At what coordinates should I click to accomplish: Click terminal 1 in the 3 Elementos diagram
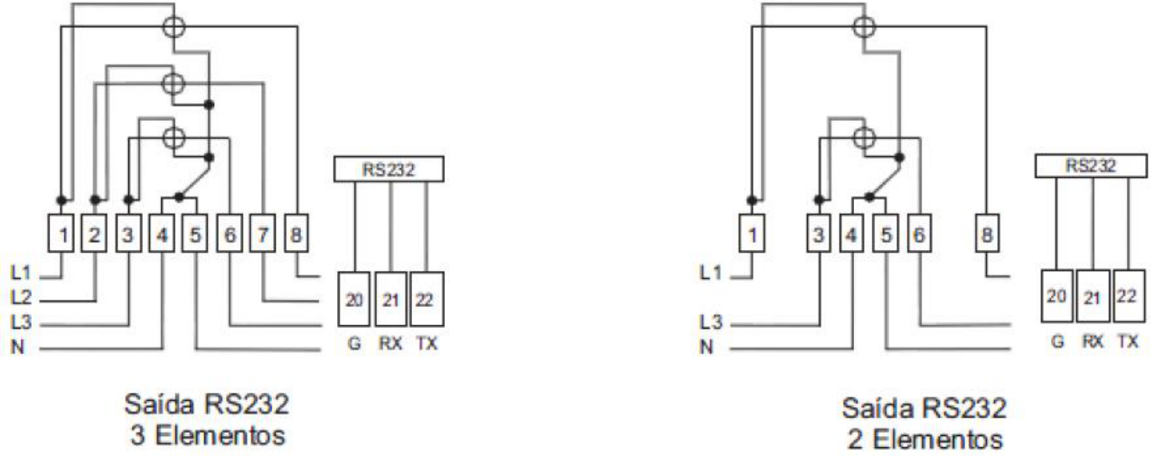coord(61,233)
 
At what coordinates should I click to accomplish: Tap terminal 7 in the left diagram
coord(263,233)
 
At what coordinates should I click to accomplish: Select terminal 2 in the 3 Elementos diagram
coord(94,233)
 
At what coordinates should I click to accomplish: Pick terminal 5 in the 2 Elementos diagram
coord(886,233)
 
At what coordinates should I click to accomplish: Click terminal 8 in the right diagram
coord(987,233)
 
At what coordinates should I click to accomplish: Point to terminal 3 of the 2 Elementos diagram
coord(819,233)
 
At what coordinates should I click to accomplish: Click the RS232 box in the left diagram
coord(389,169)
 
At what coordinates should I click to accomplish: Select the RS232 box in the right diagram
coord(1091,166)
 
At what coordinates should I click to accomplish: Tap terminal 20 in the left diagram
coord(354,299)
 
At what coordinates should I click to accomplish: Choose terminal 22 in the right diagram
coord(1129,295)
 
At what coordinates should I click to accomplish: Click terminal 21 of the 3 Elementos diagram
coord(390,299)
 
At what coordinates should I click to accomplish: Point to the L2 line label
coord(21,297)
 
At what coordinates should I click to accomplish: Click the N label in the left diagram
coord(17,347)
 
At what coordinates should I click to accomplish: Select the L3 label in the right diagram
coord(711,322)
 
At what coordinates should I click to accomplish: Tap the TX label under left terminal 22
coord(427,343)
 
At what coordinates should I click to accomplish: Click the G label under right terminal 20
coord(1057,340)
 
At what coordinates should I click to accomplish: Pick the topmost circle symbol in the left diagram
coord(174,26)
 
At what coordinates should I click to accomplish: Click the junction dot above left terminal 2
coord(95,200)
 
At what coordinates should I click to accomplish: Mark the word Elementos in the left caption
coord(220,435)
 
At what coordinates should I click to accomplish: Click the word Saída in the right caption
coord(877,408)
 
